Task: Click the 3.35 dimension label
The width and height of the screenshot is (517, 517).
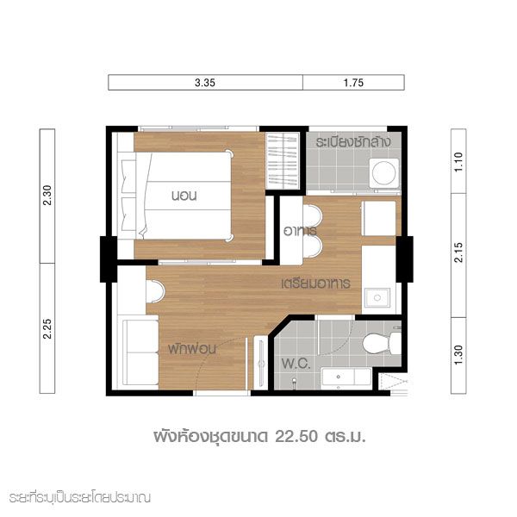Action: point(205,83)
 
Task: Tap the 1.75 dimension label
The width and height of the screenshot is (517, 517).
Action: point(353,83)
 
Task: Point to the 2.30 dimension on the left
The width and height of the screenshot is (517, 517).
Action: point(47,196)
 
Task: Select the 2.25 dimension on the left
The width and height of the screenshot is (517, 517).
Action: point(47,328)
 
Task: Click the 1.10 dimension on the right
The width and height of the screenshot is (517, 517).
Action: point(458,162)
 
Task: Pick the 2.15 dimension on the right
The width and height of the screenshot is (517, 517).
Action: point(458,252)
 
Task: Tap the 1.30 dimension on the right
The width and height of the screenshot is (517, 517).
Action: point(458,355)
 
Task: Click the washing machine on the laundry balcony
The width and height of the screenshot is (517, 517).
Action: point(383,173)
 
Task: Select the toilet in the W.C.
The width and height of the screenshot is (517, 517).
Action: point(382,343)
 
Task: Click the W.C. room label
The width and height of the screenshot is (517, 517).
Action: point(296,364)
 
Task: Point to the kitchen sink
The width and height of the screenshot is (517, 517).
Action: point(377,298)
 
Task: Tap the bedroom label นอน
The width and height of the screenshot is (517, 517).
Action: point(184,196)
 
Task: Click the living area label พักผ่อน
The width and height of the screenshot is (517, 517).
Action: point(192,349)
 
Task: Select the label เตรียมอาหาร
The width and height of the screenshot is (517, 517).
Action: point(316,283)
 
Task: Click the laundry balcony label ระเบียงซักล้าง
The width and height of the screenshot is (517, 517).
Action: point(353,142)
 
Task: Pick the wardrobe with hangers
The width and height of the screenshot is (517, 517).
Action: point(283,161)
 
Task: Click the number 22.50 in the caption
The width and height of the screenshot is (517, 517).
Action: point(296,436)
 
